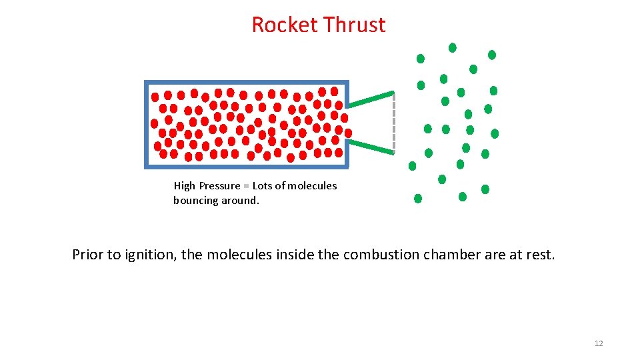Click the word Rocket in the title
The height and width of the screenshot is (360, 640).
click(x=285, y=25)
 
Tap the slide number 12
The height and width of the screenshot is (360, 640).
click(x=598, y=343)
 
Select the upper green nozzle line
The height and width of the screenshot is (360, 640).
click(x=371, y=99)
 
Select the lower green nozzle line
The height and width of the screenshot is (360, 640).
click(x=371, y=146)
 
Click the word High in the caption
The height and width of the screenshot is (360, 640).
click(x=185, y=186)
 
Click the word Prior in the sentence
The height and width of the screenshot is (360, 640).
click(x=88, y=255)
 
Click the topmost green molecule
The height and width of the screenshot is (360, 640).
click(x=453, y=47)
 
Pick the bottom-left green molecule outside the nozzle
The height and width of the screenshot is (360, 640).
click(x=418, y=198)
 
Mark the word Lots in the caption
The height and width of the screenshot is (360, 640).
click(x=263, y=186)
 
